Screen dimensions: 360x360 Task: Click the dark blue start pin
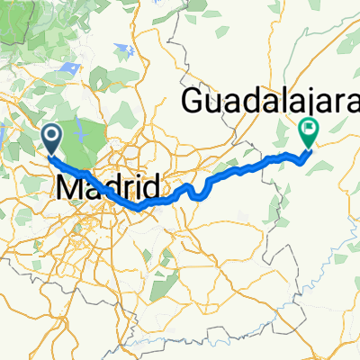51,138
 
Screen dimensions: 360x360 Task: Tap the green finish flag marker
308,132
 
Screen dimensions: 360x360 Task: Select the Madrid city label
108,188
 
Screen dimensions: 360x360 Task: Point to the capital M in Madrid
70,188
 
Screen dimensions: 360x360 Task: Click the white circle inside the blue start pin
51,135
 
